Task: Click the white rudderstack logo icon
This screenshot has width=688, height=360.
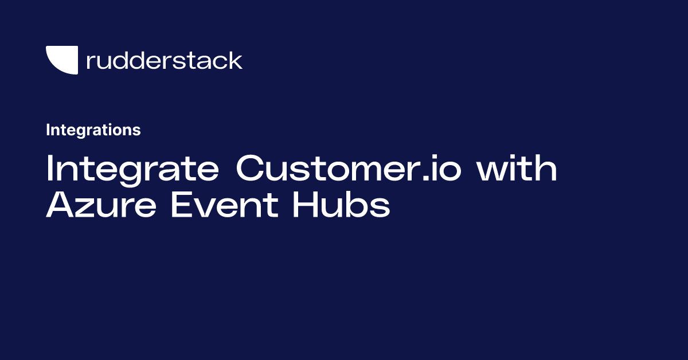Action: pyautogui.click(x=61, y=60)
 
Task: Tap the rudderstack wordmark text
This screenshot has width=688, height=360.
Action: pyautogui.click(x=164, y=60)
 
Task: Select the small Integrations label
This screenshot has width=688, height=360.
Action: pyautogui.click(x=93, y=130)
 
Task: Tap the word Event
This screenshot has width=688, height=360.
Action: pyautogui.click(x=224, y=205)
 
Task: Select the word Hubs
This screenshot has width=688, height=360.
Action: pyautogui.click(x=341, y=205)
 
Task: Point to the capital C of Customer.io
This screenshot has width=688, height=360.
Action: pyautogui.click(x=252, y=170)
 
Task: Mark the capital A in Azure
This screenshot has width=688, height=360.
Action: pyautogui.click(x=61, y=205)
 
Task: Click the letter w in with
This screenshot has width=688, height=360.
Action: pyautogui.click(x=490, y=172)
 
